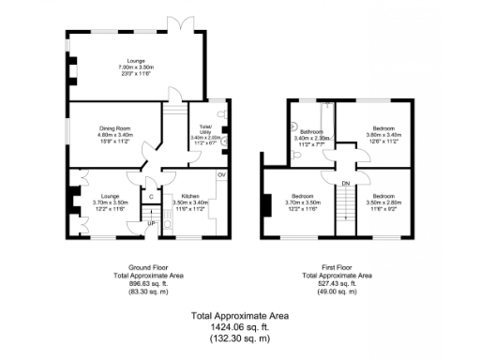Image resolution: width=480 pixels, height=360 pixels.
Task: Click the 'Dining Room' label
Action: pos(115,127)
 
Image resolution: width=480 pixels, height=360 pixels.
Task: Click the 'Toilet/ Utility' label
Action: pos(205,130)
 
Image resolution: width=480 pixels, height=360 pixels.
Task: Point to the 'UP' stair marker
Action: pos(150,224)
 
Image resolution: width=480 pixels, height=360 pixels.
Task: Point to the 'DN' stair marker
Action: pos(345,183)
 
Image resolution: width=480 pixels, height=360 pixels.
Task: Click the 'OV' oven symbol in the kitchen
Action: pos(222,175)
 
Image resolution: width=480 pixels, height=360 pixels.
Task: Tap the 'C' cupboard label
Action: pos(150,197)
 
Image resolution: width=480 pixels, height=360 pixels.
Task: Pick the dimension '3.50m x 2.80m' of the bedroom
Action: pos(382,202)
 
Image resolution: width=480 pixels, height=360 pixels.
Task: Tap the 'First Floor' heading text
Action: pos(337,267)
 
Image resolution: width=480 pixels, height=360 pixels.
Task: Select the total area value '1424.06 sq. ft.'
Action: pos(240,325)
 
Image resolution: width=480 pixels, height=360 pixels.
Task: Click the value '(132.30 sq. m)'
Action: pos(240,336)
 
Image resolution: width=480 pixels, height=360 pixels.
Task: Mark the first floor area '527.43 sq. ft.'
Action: pos(337,282)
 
